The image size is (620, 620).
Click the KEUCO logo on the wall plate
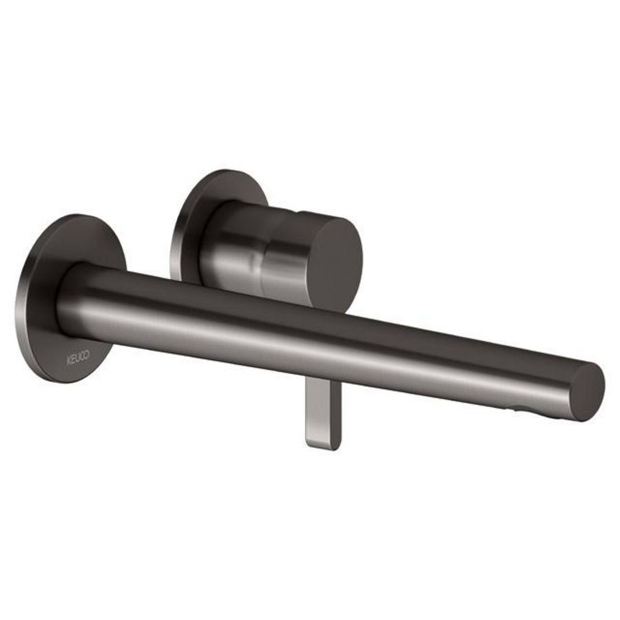pos(78,359)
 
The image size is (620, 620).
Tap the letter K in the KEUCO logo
pos(69,358)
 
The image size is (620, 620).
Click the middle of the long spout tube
pos(324,331)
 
